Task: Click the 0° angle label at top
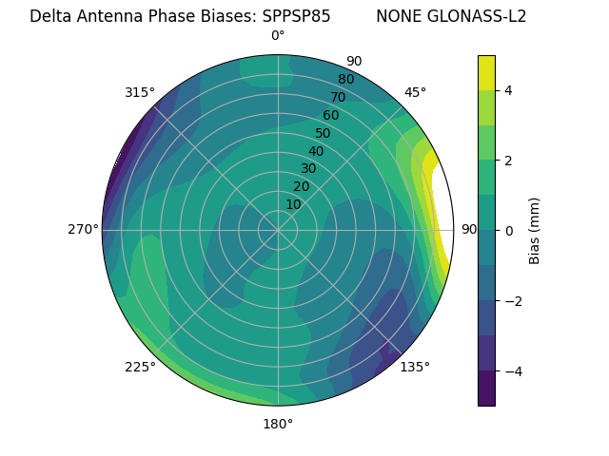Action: (278, 36)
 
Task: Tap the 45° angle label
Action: (415, 92)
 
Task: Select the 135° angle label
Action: (415, 367)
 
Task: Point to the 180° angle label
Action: (278, 424)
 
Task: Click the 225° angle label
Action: (140, 367)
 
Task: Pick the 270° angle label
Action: (83, 229)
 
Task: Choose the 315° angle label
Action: (140, 92)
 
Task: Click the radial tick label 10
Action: (293, 204)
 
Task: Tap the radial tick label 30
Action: (308, 168)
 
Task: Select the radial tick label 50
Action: (324, 133)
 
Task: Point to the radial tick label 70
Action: (338, 97)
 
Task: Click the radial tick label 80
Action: (345, 79)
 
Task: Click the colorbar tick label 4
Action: (508, 90)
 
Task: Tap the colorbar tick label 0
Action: (508, 230)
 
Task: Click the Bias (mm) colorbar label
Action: (535, 230)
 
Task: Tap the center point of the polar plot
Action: (278, 230)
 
